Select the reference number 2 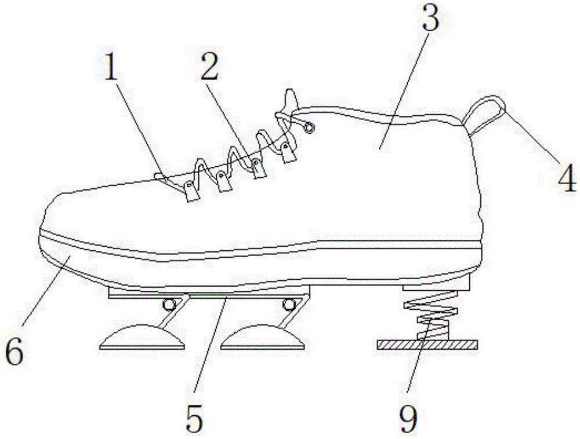pos(210,66)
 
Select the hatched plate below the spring pos(427,345)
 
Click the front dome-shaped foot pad pos(143,336)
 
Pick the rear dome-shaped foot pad pos(263,336)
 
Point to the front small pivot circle pos(169,305)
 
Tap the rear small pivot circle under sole pos(288,305)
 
